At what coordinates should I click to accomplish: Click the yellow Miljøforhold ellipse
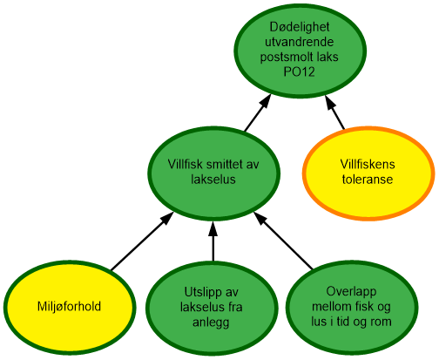coord(70,306)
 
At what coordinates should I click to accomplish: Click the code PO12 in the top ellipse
coord(300,71)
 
